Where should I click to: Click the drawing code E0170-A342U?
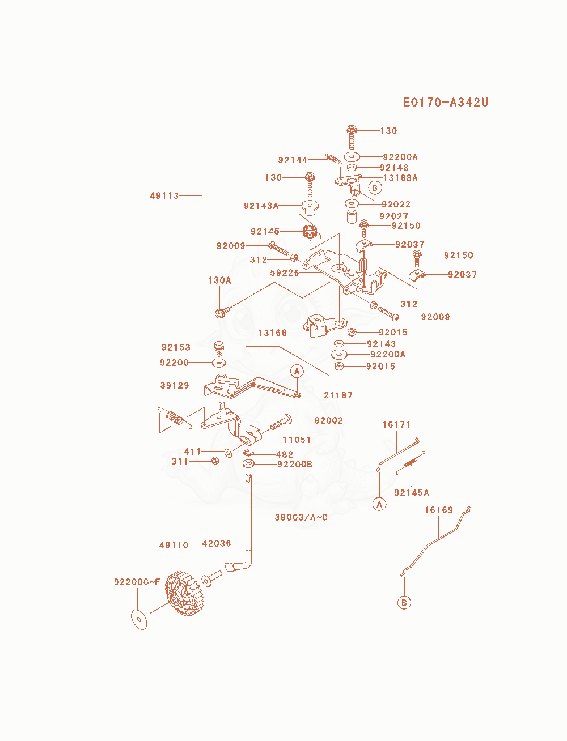[x=445, y=103]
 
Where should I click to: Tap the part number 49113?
[x=164, y=196]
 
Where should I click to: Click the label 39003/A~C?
[x=301, y=517]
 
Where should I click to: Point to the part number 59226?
[x=285, y=272]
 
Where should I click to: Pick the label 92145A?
[x=412, y=492]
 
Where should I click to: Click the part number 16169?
[x=439, y=510]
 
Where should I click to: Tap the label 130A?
[x=219, y=280]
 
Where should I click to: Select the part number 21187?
[x=338, y=395]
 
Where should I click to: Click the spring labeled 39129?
[x=175, y=419]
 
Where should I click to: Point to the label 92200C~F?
[x=137, y=582]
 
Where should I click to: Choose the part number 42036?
[x=216, y=543]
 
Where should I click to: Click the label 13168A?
[x=400, y=178]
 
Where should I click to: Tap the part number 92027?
[x=393, y=216]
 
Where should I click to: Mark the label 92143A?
[x=261, y=206]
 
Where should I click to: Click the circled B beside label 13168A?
[x=374, y=188]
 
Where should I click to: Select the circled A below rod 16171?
[x=379, y=504]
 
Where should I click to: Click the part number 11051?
[x=297, y=440]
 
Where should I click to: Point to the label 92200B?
[x=295, y=465]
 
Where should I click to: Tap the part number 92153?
[x=176, y=347]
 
